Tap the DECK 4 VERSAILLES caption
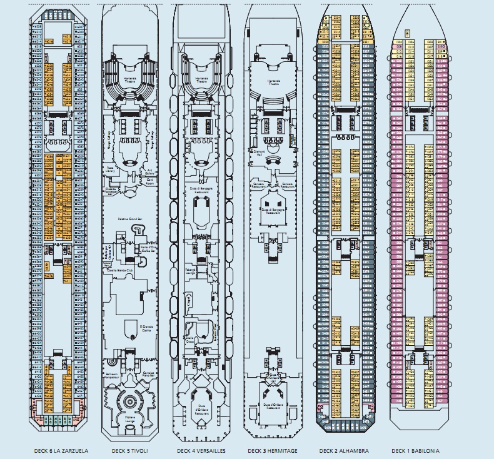pos(201,451)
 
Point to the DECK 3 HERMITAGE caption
pos(272,451)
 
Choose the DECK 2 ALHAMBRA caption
pos(343,451)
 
